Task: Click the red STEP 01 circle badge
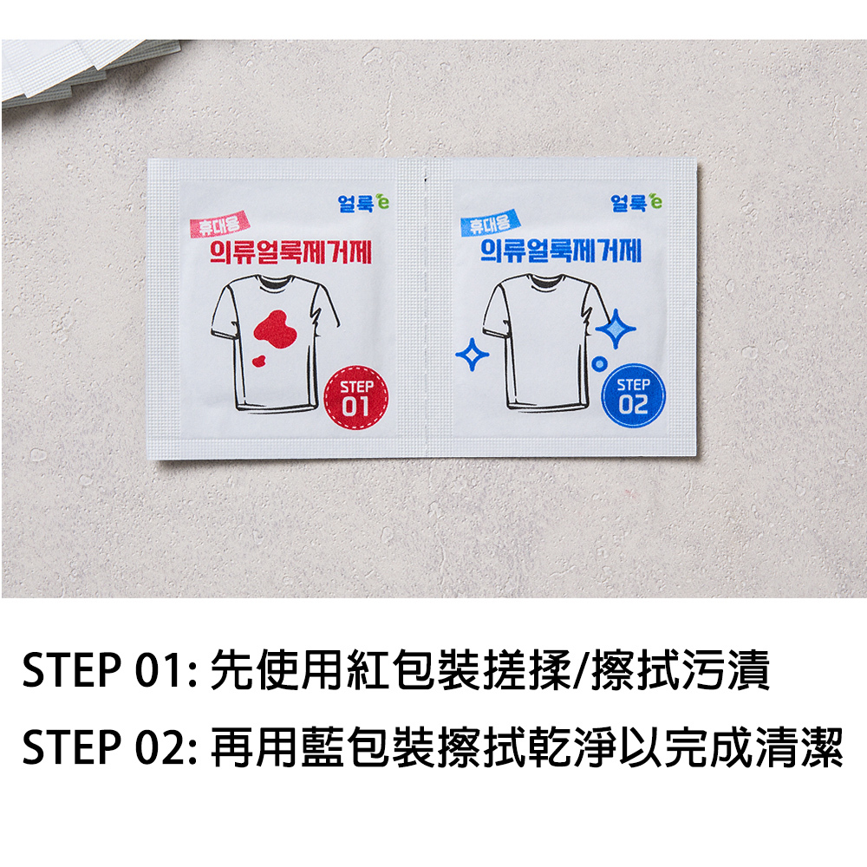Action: [x=355, y=397]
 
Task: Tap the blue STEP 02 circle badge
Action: [x=633, y=395]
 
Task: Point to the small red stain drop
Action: [x=258, y=361]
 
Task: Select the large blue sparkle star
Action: [x=616, y=329]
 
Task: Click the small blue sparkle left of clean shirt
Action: [x=472, y=354]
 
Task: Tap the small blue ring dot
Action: [x=599, y=364]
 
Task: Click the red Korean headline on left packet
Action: [x=290, y=252]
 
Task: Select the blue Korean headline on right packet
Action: [x=560, y=251]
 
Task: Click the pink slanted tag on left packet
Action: [x=219, y=225]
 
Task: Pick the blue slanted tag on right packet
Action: [x=490, y=223]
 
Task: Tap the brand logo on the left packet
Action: [x=363, y=203]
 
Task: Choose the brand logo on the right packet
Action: [x=636, y=202]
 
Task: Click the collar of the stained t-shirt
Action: [x=276, y=282]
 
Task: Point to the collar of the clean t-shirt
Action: [x=546, y=281]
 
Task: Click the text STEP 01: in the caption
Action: [x=109, y=669]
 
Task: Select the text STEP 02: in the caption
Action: [x=109, y=746]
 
